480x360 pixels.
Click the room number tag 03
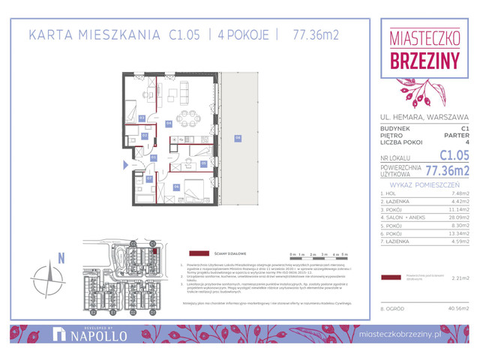(141, 118)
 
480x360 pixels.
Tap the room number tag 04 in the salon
(169, 124)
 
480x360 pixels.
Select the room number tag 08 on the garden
(237, 137)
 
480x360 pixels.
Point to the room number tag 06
(176, 186)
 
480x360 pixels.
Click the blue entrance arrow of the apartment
(126, 163)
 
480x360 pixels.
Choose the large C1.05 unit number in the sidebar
(453, 155)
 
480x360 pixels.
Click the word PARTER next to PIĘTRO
(457, 135)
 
